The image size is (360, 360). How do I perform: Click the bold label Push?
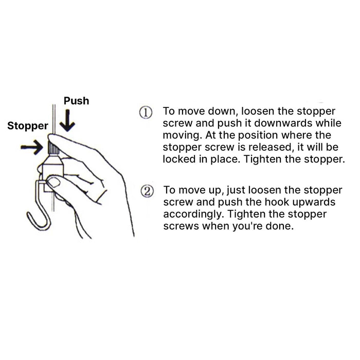coord(76,101)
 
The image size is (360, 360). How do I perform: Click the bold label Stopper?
coord(28,126)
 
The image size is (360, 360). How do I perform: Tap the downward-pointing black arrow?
coord(67,120)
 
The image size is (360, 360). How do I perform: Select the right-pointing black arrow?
coord(32,147)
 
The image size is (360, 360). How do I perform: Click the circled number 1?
coord(146,113)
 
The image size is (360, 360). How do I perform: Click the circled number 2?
coord(147,191)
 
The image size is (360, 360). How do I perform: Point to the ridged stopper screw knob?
coord(53,148)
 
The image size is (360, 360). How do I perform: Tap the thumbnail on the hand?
coord(55,182)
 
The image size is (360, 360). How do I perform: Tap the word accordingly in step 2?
coord(193,214)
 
